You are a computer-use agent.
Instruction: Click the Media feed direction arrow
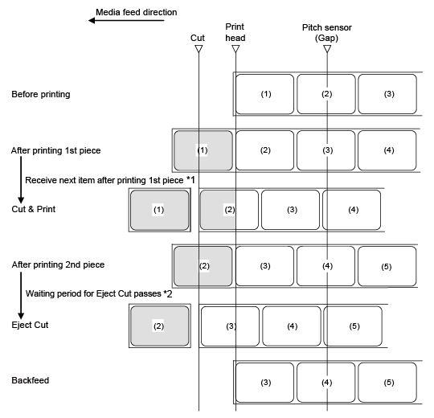pyautogui.click(x=126, y=20)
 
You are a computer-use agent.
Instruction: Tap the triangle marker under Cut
pyautogui.click(x=199, y=49)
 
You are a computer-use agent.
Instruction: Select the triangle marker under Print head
pyautogui.click(x=235, y=49)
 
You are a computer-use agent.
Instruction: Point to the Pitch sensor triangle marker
pyautogui.click(x=327, y=49)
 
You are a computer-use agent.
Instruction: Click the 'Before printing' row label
pyautogui.click(x=41, y=94)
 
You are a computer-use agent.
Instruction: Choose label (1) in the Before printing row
pyautogui.click(x=265, y=94)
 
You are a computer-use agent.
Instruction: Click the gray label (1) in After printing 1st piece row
pyautogui.click(x=203, y=150)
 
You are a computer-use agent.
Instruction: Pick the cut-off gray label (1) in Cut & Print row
pyautogui.click(x=160, y=210)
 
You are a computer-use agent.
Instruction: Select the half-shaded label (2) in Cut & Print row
pyautogui.click(x=229, y=210)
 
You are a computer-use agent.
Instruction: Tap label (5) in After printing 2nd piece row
pyautogui.click(x=387, y=266)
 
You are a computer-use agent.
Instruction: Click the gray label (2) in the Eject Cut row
pyautogui.click(x=160, y=326)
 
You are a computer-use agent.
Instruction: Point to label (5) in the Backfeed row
pyautogui.click(x=387, y=383)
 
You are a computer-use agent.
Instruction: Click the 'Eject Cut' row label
pyautogui.click(x=30, y=325)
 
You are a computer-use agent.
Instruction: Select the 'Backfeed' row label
pyautogui.click(x=31, y=380)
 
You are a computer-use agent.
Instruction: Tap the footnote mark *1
pyautogui.click(x=190, y=180)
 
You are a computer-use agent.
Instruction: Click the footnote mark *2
pyautogui.click(x=168, y=293)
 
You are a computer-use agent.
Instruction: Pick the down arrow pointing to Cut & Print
pyautogui.click(x=21, y=179)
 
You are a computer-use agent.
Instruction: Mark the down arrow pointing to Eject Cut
pyautogui.click(x=21, y=295)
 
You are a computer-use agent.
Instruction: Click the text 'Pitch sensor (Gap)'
pyautogui.click(x=327, y=32)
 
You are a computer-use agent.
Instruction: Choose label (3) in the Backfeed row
pyautogui.click(x=265, y=383)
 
